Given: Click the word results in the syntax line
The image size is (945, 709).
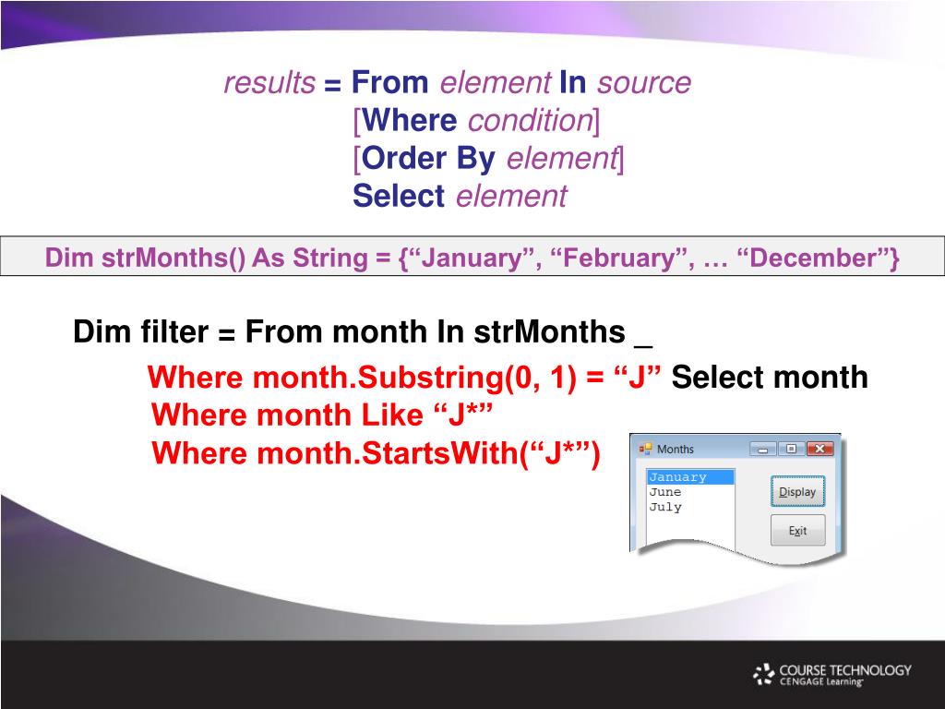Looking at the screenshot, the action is tap(269, 82).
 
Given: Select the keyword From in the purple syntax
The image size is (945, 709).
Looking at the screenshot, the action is tap(390, 82).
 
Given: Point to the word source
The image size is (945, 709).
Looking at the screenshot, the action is tap(643, 83).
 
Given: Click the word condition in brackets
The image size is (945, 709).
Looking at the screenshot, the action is tap(531, 121).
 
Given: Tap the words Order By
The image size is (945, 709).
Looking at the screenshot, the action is tap(428, 159).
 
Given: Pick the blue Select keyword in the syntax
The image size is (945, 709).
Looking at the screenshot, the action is tap(399, 196).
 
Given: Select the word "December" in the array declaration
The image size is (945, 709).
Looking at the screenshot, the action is tap(813, 258).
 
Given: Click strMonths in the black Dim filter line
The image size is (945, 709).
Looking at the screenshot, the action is tap(550, 331).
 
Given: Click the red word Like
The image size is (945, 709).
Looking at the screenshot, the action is tap(391, 415).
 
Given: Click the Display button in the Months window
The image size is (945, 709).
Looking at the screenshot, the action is tap(797, 491).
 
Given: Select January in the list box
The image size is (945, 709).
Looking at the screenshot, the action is tap(677, 477).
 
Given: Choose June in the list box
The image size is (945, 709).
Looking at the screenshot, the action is tap(664, 492).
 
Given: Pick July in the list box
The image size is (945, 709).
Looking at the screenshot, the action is tap(665, 507).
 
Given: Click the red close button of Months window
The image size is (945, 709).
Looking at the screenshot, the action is tap(819, 450).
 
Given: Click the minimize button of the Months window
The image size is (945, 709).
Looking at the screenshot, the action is tap(762, 450).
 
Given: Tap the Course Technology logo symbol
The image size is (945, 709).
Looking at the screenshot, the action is tap(763, 675).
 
